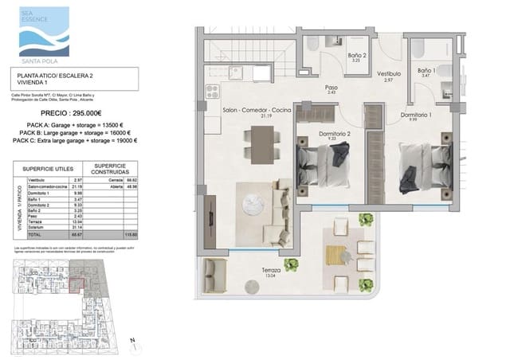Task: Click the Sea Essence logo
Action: [44, 31]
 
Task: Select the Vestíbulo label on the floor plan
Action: [388, 74]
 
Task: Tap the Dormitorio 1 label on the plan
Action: [416, 116]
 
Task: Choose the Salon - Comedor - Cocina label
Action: [257, 109]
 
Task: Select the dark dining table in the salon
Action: [261, 145]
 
